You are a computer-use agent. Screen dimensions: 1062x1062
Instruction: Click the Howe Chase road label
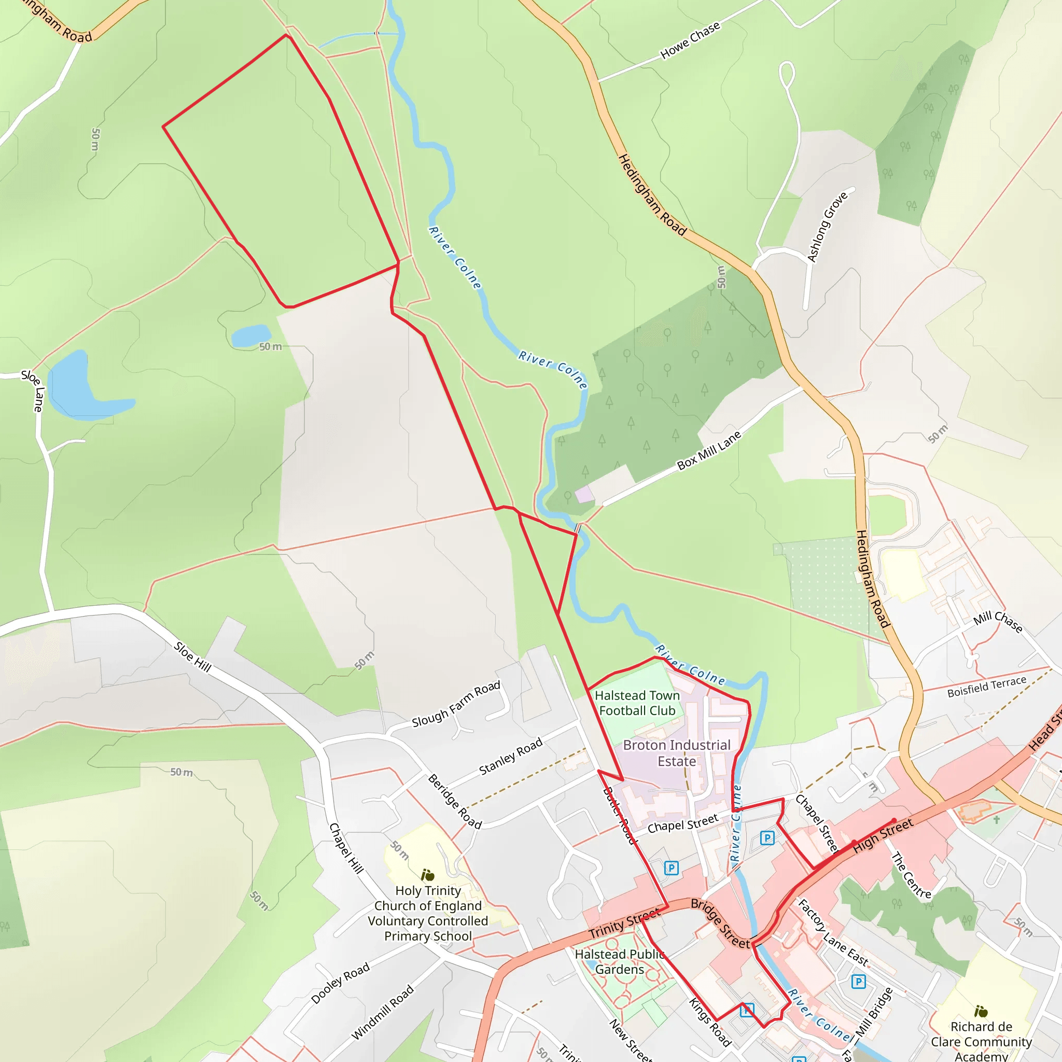click(x=690, y=40)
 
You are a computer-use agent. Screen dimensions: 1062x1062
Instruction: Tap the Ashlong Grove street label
click(x=827, y=227)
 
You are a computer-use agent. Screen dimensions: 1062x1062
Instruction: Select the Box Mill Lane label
click(x=708, y=450)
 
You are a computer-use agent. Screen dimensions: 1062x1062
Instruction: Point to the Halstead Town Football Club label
click(x=637, y=703)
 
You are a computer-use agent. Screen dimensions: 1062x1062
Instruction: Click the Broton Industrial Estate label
click(x=677, y=753)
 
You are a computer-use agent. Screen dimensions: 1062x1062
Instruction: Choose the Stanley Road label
click(x=511, y=756)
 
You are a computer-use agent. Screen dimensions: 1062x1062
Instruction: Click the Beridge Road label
click(x=455, y=802)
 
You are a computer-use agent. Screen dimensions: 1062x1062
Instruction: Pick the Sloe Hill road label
click(x=192, y=657)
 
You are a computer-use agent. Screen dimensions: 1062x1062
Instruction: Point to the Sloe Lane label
click(x=34, y=391)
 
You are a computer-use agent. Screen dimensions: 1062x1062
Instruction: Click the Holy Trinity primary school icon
click(x=427, y=875)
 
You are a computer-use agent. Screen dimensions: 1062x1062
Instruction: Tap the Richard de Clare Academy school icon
click(x=981, y=1011)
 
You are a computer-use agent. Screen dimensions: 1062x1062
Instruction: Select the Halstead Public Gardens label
click(x=620, y=962)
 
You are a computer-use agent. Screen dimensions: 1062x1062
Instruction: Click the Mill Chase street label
click(x=998, y=622)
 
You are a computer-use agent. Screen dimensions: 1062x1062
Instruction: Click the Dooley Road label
click(x=340, y=983)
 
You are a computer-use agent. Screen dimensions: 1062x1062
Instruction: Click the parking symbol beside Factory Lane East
click(x=859, y=981)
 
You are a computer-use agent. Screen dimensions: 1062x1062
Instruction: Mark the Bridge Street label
click(x=720, y=924)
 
